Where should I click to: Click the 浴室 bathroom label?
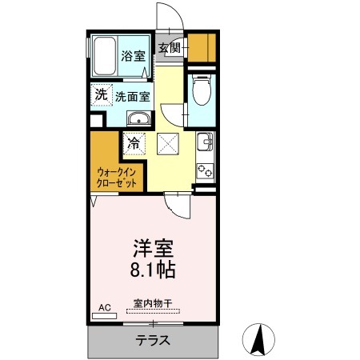pos(133,57)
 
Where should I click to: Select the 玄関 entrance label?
pos(168,47)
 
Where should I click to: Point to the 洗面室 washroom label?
pos(132,96)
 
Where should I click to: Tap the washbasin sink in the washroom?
pos(139,120)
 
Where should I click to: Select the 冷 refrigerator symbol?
pos(134,146)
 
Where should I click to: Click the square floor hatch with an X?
pos(169,145)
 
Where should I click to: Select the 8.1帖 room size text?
pos(148,269)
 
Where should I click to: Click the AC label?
pos(104,306)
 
